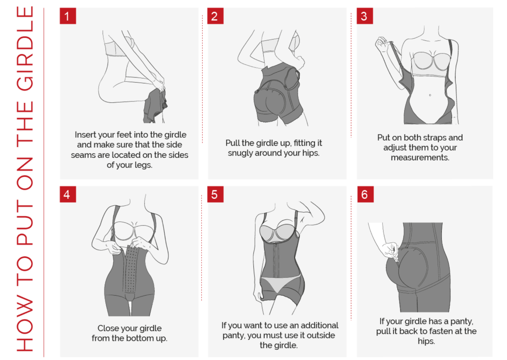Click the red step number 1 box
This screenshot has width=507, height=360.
(67, 16)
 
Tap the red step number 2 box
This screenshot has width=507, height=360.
(215, 16)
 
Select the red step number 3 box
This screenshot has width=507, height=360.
(364, 16)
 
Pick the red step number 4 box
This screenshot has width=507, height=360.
(67, 194)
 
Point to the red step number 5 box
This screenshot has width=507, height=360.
(215, 194)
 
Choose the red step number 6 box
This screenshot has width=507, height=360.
(365, 194)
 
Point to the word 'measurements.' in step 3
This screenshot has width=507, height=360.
(420, 158)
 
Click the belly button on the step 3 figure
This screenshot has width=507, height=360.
(430, 95)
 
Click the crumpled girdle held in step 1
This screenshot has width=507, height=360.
(155, 106)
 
